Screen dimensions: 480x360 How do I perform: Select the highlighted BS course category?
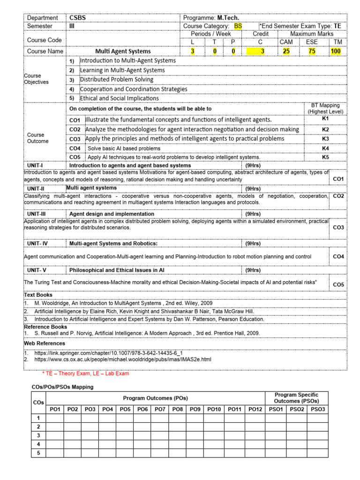tap(238, 26)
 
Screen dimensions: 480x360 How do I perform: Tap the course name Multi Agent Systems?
tap(123, 51)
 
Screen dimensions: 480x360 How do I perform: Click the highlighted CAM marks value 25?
tap(286, 51)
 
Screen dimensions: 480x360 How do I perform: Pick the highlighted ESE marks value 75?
tap(312, 51)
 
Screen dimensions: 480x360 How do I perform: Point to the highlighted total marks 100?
tap(336, 51)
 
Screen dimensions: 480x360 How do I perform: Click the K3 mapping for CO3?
tap(325, 139)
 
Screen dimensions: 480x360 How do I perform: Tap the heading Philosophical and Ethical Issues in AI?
tap(117, 270)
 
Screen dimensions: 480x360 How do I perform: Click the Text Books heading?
tap(38, 295)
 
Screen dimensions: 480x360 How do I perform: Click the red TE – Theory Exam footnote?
tap(85, 374)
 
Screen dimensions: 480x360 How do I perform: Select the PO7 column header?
tap(160, 409)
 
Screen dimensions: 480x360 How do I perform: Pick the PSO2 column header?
tap(297, 409)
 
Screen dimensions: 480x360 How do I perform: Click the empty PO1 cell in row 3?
tap(55, 435)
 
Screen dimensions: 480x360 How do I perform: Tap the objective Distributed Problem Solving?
tap(117, 80)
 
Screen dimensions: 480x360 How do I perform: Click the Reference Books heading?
tap(45, 327)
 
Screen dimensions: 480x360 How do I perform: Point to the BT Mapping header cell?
tap(325, 108)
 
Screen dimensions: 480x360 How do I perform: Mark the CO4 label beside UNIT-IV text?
tap(338, 257)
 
